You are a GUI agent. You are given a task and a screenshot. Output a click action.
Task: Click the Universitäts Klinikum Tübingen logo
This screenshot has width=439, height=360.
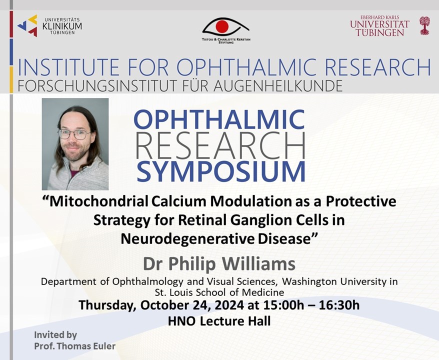50,26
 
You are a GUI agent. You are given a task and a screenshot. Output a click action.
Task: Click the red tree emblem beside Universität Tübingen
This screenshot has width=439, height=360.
424,26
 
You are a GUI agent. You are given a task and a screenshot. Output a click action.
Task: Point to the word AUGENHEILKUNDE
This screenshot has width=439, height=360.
278,86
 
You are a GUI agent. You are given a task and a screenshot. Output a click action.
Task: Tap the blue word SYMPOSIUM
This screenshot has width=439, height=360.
221,171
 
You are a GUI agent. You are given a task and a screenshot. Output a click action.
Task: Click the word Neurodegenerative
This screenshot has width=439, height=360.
187,239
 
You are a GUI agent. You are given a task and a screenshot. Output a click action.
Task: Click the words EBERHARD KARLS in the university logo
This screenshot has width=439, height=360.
380,17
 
